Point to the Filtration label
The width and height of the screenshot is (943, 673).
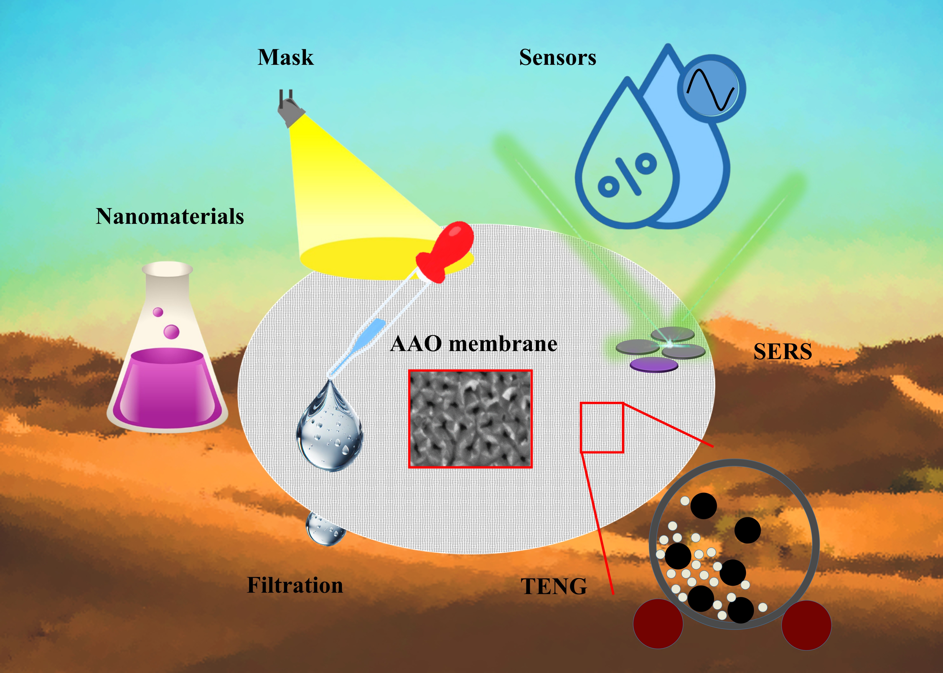295,585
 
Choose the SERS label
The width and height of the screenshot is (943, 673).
782,352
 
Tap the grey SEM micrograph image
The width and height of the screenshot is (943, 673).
470,419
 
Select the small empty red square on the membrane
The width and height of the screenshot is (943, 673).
602,427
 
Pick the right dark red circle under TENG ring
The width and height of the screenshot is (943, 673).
806,625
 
